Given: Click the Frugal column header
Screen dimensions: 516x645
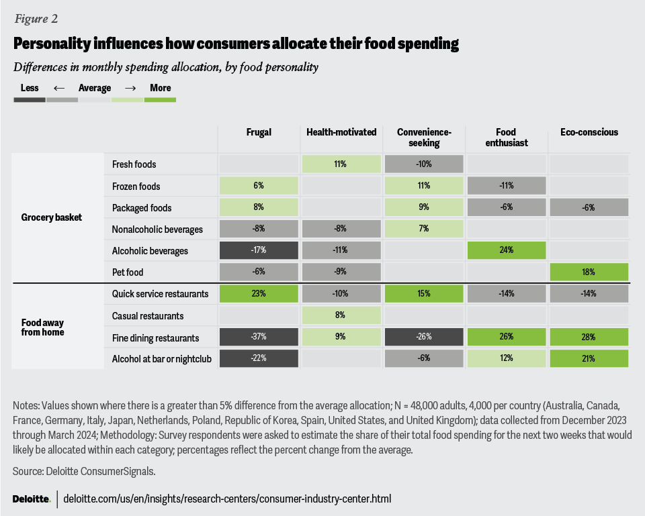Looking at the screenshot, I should click(259, 132).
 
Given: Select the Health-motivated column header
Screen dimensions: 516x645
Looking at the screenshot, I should click(341, 132).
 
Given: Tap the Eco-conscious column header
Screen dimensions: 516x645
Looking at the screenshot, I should click(589, 132).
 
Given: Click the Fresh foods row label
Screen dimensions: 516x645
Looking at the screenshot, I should click(134, 164).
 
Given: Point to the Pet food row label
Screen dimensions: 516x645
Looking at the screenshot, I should click(128, 272).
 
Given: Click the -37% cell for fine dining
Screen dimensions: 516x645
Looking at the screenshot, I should click(259, 338).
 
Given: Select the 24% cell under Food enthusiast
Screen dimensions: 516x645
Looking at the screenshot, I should click(506, 251).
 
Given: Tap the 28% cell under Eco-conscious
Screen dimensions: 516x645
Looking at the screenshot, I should click(589, 338).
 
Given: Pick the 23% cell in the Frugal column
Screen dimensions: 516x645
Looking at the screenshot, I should click(259, 294).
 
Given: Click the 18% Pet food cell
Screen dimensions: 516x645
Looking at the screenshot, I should click(589, 272).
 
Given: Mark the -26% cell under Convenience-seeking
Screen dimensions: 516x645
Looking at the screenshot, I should click(424, 338).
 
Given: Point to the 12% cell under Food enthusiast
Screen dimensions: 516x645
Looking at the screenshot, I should click(506, 359).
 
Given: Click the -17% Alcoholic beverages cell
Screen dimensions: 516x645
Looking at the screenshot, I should click(259, 251).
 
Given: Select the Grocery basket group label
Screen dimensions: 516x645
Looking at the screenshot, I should click(51, 217).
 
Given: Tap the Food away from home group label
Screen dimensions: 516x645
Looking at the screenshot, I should click(43, 326).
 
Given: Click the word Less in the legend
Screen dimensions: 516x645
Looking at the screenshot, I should click(30, 88).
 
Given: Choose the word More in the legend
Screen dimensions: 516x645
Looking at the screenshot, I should click(161, 88).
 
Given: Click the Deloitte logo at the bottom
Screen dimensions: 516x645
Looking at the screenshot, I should click(31, 499).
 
